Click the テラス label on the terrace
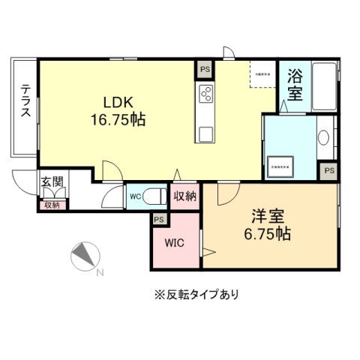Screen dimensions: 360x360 coord(25,100)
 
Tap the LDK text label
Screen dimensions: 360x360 coord(118,103)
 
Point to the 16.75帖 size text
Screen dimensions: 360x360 coord(118,120)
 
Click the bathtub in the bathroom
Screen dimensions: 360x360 coord(325,86)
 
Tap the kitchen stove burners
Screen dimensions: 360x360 coord(206,94)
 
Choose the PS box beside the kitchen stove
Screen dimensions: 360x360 coord(205,69)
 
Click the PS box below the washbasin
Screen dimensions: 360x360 coord(328,171)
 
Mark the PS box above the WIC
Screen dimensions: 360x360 coord(158,219)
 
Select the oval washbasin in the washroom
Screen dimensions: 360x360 coord(324,139)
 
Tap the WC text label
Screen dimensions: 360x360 coord(135,197)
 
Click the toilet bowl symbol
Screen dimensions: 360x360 coord(155,197)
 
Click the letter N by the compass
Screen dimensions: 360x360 coord(100,272)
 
